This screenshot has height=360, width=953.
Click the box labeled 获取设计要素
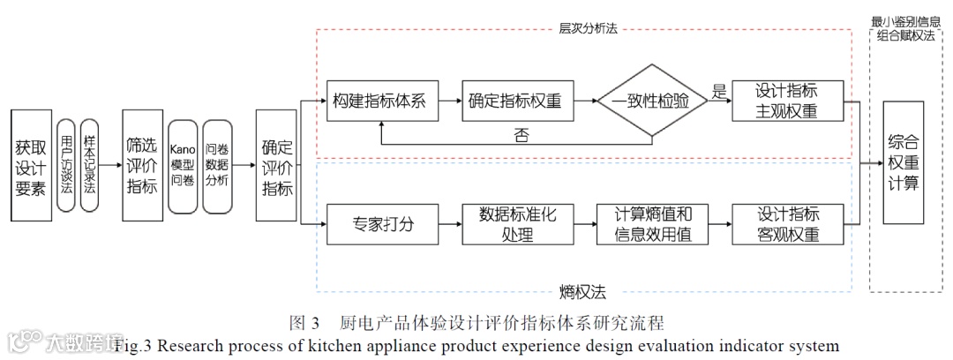pos(31,165)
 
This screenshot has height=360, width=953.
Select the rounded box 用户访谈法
pos(66,165)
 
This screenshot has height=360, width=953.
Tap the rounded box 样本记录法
pos(89,165)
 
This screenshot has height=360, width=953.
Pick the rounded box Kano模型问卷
pos(182,166)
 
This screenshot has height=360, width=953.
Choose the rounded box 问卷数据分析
pos(217,166)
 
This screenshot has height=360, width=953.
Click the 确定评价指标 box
pos(276,165)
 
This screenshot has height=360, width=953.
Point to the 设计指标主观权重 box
pos(787,101)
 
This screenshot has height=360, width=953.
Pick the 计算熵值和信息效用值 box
pos(652,224)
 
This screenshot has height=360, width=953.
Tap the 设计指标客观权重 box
pos(787,224)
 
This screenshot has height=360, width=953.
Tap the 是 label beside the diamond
pos(718,91)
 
